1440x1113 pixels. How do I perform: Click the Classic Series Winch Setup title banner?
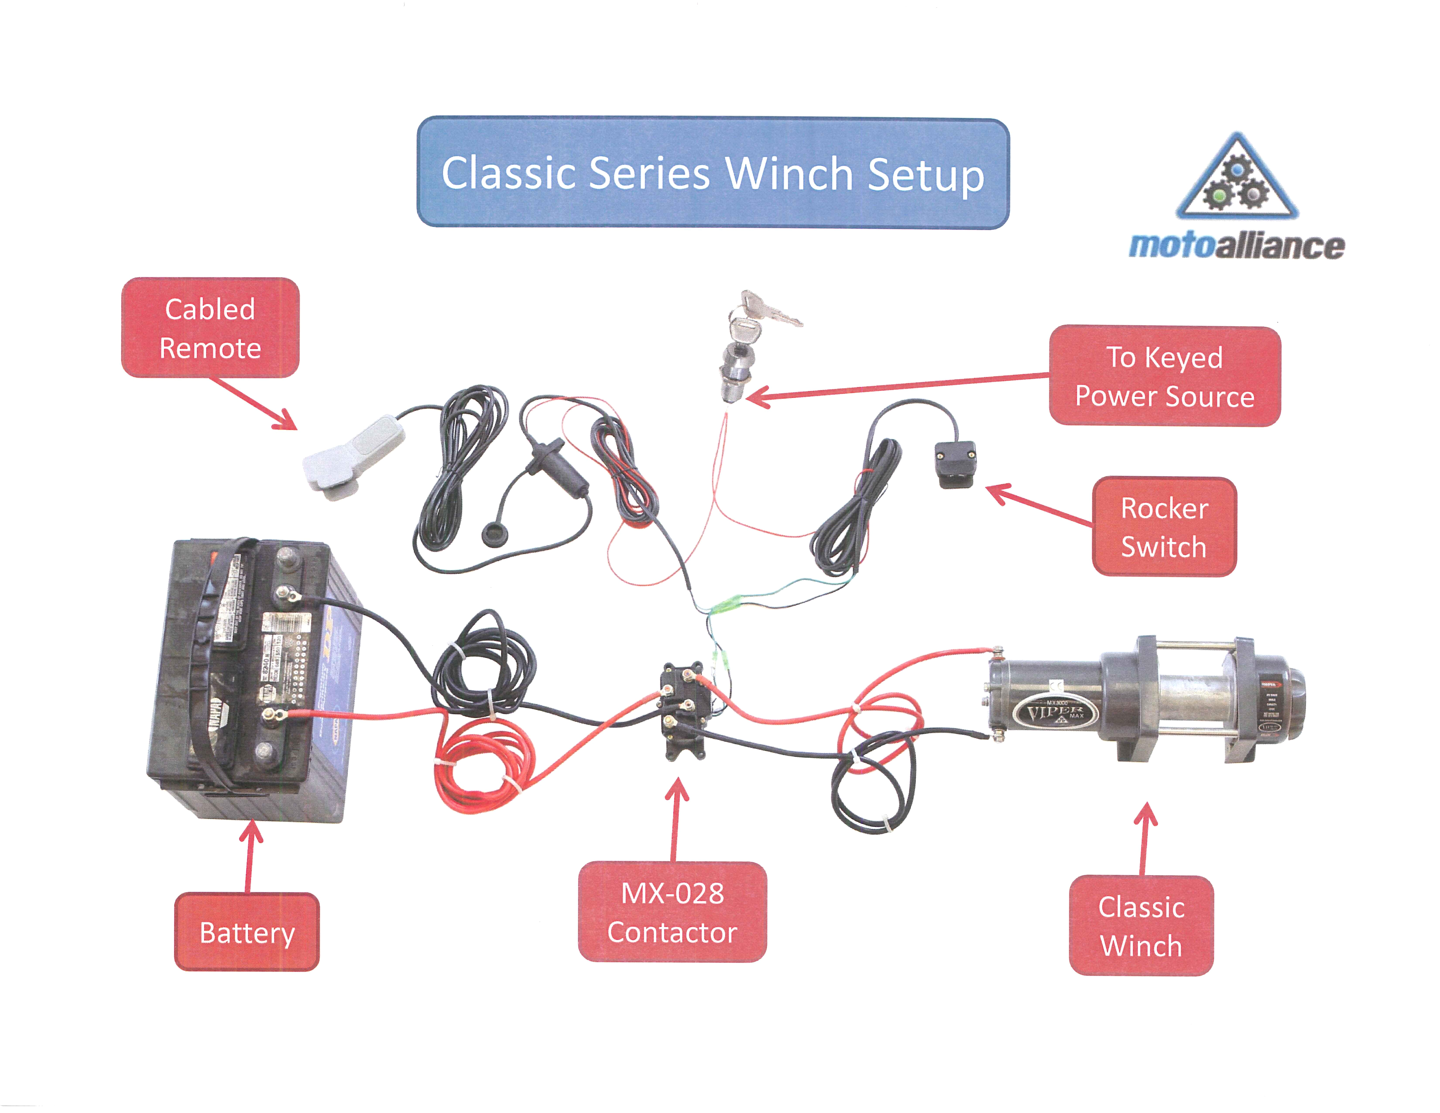click(x=713, y=173)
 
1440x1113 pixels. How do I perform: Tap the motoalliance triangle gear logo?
click(x=1237, y=179)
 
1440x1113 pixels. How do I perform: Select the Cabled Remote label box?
click(x=210, y=328)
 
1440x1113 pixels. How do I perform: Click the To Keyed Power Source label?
click(x=1164, y=376)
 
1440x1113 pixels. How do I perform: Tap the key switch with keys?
click(x=745, y=349)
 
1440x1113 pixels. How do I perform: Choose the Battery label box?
click(x=247, y=932)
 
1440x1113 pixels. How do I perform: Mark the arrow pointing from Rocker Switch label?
click(x=1035, y=504)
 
